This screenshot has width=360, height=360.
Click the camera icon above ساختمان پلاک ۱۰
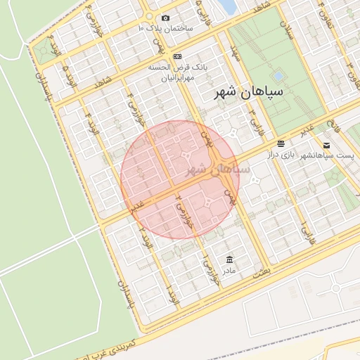click(x=166, y=18)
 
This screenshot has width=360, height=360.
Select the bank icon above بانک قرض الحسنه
click(x=177, y=56)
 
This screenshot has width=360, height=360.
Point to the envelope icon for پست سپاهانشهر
click(x=326, y=146)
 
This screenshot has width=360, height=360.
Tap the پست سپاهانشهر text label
click(x=329, y=155)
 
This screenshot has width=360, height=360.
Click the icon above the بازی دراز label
click(x=281, y=143)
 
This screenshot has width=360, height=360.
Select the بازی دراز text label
click(x=281, y=154)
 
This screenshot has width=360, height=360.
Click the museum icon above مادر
click(x=229, y=259)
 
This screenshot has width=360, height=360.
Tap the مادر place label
click(x=229, y=269)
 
